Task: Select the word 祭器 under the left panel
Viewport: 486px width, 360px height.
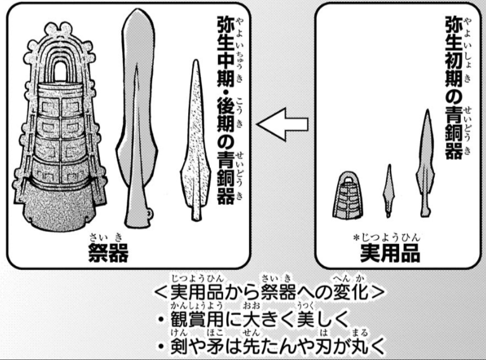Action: [108, 252]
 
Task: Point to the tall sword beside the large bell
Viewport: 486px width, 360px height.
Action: [134, 120]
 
